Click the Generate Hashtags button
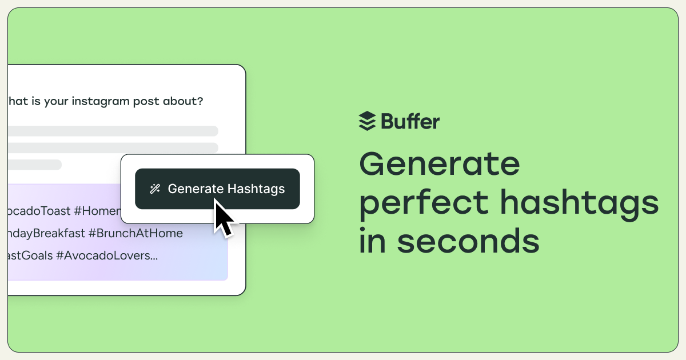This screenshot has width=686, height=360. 217,189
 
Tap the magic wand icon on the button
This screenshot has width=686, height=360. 154,189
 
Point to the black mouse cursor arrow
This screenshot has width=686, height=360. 223,217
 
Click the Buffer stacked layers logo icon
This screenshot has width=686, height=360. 367,121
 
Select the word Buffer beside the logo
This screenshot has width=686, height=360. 410,121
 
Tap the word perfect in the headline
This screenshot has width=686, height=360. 424,203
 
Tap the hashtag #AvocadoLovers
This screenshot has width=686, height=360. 106,255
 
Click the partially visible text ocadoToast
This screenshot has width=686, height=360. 37,211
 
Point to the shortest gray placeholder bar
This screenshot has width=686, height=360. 34,165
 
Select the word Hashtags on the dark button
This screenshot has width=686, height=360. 256,189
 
